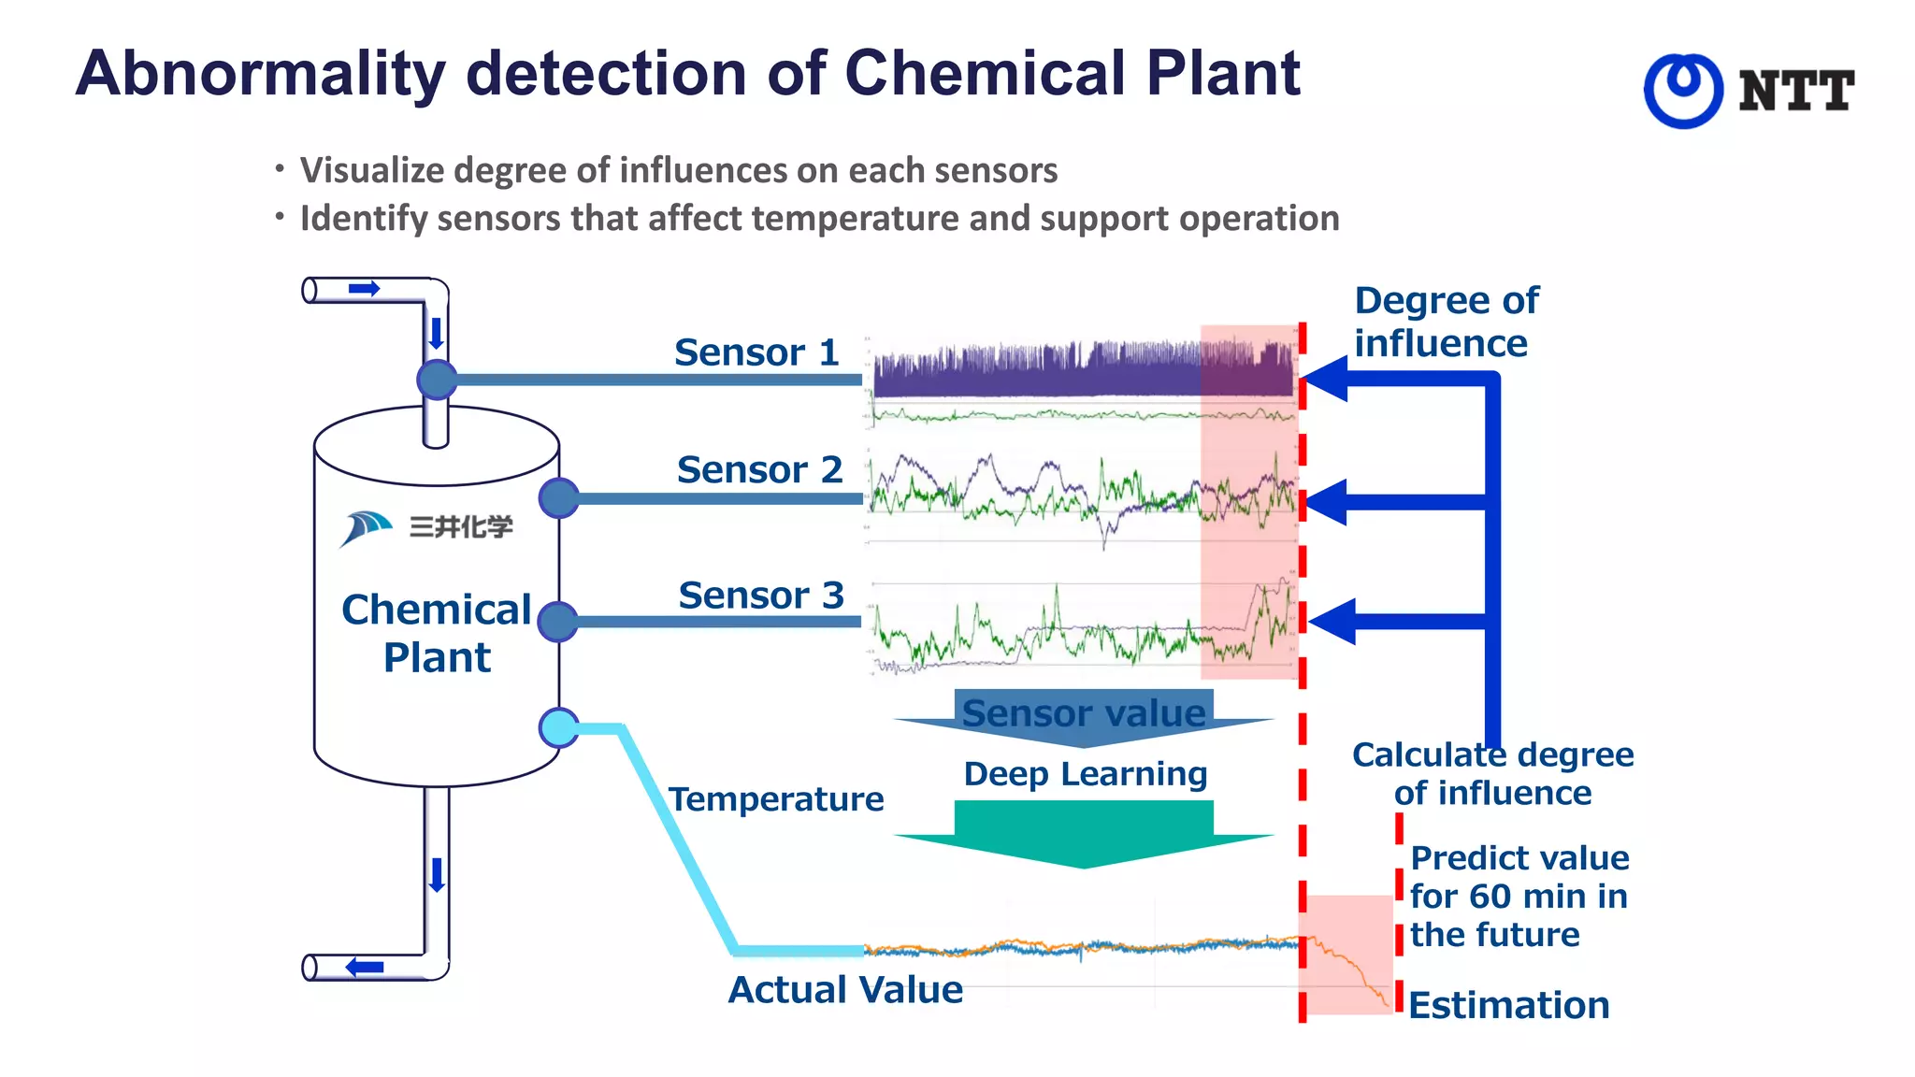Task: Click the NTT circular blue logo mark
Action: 1683,91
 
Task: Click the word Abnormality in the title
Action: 260,74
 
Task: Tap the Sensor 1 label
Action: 756,352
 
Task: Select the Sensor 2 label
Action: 759,469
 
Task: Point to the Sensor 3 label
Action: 761,595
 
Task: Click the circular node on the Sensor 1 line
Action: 437,380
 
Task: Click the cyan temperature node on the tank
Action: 559,727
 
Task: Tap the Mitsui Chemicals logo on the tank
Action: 425,527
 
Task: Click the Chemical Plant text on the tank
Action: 437,633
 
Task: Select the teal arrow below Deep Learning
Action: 1084,834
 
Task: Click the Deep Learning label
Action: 1085,774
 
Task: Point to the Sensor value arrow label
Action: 1084,713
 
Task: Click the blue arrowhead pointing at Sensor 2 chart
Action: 1325,502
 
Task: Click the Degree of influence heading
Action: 1446,322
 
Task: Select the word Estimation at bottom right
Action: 1508,1006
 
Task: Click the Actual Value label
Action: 845,990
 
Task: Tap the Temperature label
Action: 776,799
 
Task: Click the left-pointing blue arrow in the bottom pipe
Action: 365,967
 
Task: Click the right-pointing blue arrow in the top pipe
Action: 364,289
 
